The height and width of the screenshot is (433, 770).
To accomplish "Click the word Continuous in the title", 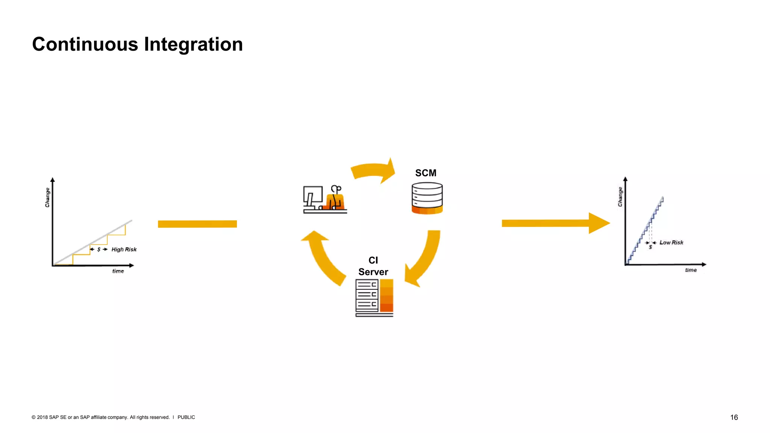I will [x=85, y=44].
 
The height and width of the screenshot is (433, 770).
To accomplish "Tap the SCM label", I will [x=426, y=173].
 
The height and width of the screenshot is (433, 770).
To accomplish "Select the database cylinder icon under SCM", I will [x=427, y=198].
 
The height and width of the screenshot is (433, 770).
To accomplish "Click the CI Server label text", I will [x=373, y=266].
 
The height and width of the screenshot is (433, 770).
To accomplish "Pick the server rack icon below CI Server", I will [x=374, y=298].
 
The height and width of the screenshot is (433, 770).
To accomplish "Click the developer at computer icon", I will [x=325, y=199].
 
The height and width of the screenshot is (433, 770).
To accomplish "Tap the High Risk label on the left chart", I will [x=124, y=250].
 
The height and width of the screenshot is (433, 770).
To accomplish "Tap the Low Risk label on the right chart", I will [x=671, y=243].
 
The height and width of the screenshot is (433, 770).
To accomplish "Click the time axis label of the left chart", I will [x=118, y=271].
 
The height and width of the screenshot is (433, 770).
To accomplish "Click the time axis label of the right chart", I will [x=691, y=270].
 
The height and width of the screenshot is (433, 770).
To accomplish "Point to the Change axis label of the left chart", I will [x=47, y=197].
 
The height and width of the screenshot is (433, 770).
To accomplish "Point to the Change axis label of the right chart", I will [x=620, y=197].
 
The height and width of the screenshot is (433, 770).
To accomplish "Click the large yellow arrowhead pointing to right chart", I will [x=598, y=223].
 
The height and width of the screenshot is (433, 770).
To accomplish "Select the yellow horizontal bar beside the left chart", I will [x=197, y=224].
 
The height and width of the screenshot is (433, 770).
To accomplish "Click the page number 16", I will [x=734, y=417].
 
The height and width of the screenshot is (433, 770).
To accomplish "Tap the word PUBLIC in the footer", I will [x=186, y=417].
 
